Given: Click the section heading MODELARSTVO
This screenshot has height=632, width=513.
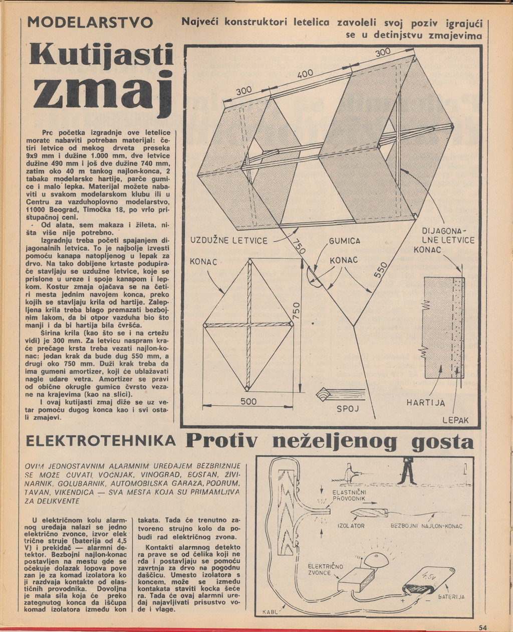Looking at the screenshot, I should (x=90, y=23).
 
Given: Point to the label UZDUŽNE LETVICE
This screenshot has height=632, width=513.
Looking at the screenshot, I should (x=230, y=241).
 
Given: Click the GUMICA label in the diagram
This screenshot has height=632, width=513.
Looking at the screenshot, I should (x=345, y=241).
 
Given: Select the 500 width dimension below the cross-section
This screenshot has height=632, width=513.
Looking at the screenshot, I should (x=248, y=401).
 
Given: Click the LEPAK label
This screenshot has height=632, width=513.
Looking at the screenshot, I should (x=454, y=420).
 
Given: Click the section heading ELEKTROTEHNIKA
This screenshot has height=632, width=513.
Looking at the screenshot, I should (x=101, y=441).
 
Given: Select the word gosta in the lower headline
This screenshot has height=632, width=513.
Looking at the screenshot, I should (x=442, y=442).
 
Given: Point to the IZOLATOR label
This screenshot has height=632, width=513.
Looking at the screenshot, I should (x=351, y=526).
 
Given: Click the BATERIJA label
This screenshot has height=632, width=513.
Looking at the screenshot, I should (x=451, y=597).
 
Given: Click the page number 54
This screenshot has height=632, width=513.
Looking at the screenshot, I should (x=483, y=627).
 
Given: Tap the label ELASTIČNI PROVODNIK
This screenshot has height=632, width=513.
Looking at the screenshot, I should (x=349, y=496).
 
